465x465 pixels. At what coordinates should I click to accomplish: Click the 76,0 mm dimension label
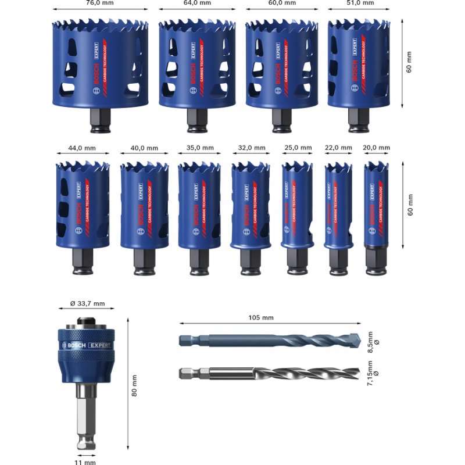point(101,2)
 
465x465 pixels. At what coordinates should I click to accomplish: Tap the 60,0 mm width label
point(282,2)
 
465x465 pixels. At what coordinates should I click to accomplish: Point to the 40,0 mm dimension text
point(144,148)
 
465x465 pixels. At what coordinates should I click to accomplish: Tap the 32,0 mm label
point(252,148)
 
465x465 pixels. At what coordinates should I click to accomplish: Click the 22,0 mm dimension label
point(338,148)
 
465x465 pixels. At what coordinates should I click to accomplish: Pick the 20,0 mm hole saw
point(376,203)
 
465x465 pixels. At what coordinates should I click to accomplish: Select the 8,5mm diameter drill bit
point(270,341)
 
